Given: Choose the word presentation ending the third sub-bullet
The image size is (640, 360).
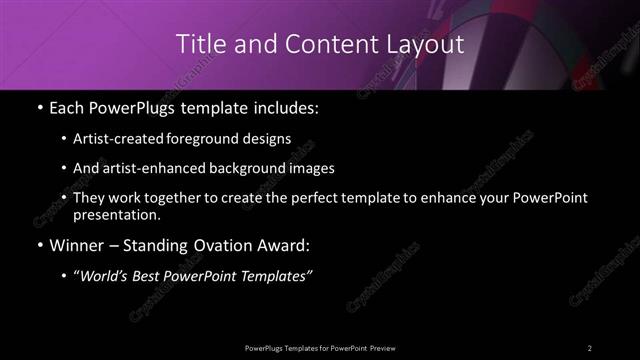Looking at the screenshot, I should [116, 214].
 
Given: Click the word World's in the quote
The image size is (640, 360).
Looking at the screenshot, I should [103, 276].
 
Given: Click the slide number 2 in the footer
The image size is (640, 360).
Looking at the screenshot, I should [590, 347].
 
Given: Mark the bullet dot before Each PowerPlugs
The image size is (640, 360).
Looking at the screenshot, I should [38, 107].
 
